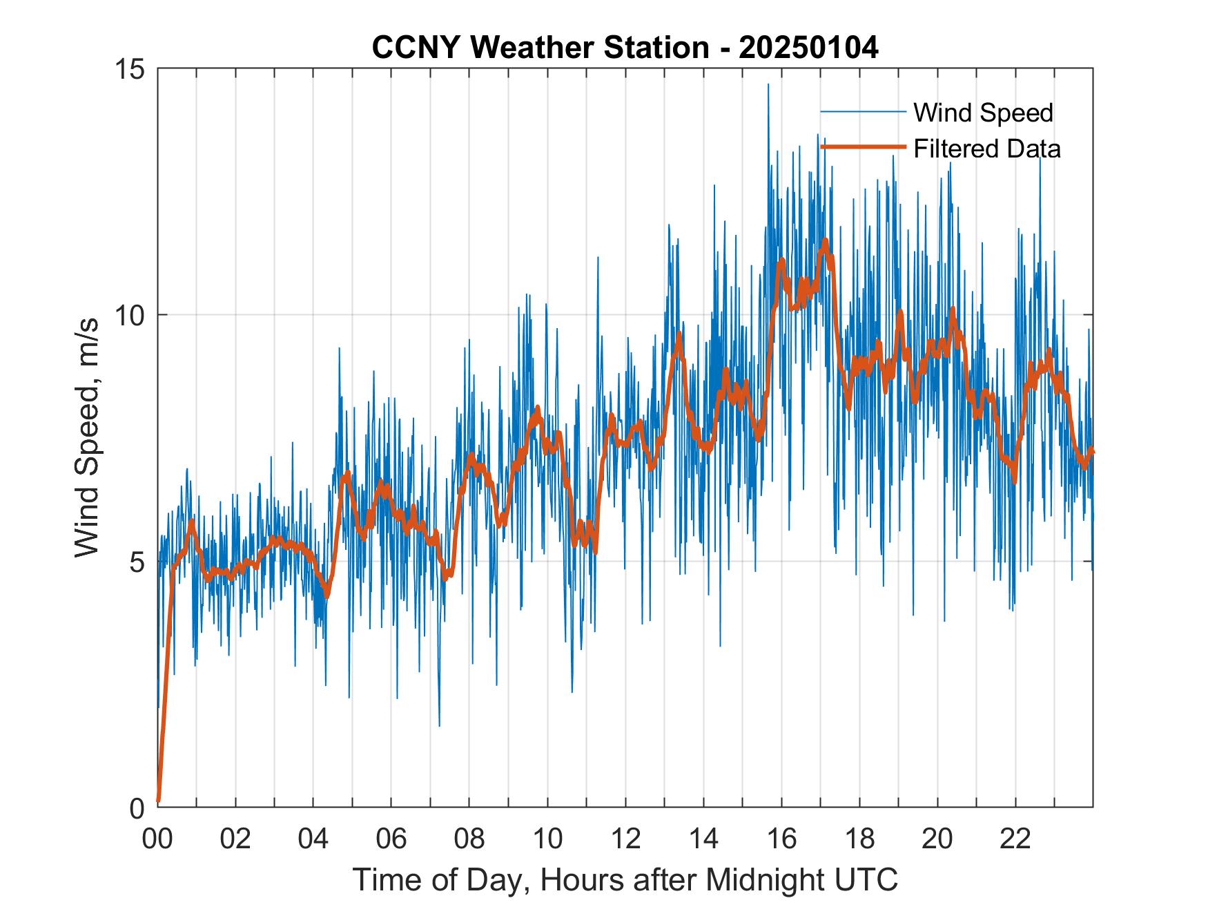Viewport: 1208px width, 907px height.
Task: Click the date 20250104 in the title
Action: point(808,48)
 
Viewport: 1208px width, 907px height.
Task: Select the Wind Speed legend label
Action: point(983,113)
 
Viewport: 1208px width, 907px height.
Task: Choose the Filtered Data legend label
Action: point(986,149)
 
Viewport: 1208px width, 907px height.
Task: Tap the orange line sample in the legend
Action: point(863,147)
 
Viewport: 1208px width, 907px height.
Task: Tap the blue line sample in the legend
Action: point(863,112)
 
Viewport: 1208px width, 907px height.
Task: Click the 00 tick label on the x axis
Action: point(157,839)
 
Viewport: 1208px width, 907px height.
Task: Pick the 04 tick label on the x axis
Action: point(313,839)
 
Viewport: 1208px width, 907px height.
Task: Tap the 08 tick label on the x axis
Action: point(469,839)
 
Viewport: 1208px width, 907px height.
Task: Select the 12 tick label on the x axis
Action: point(625,839)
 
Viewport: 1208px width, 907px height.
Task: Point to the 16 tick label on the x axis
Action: point(781,839)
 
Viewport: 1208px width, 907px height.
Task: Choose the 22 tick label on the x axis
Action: point(1015,839)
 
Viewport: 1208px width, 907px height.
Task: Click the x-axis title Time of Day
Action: point(625,879)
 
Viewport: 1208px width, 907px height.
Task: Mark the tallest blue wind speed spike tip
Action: point(768,85)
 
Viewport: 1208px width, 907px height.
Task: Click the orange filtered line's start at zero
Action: point(159,801)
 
